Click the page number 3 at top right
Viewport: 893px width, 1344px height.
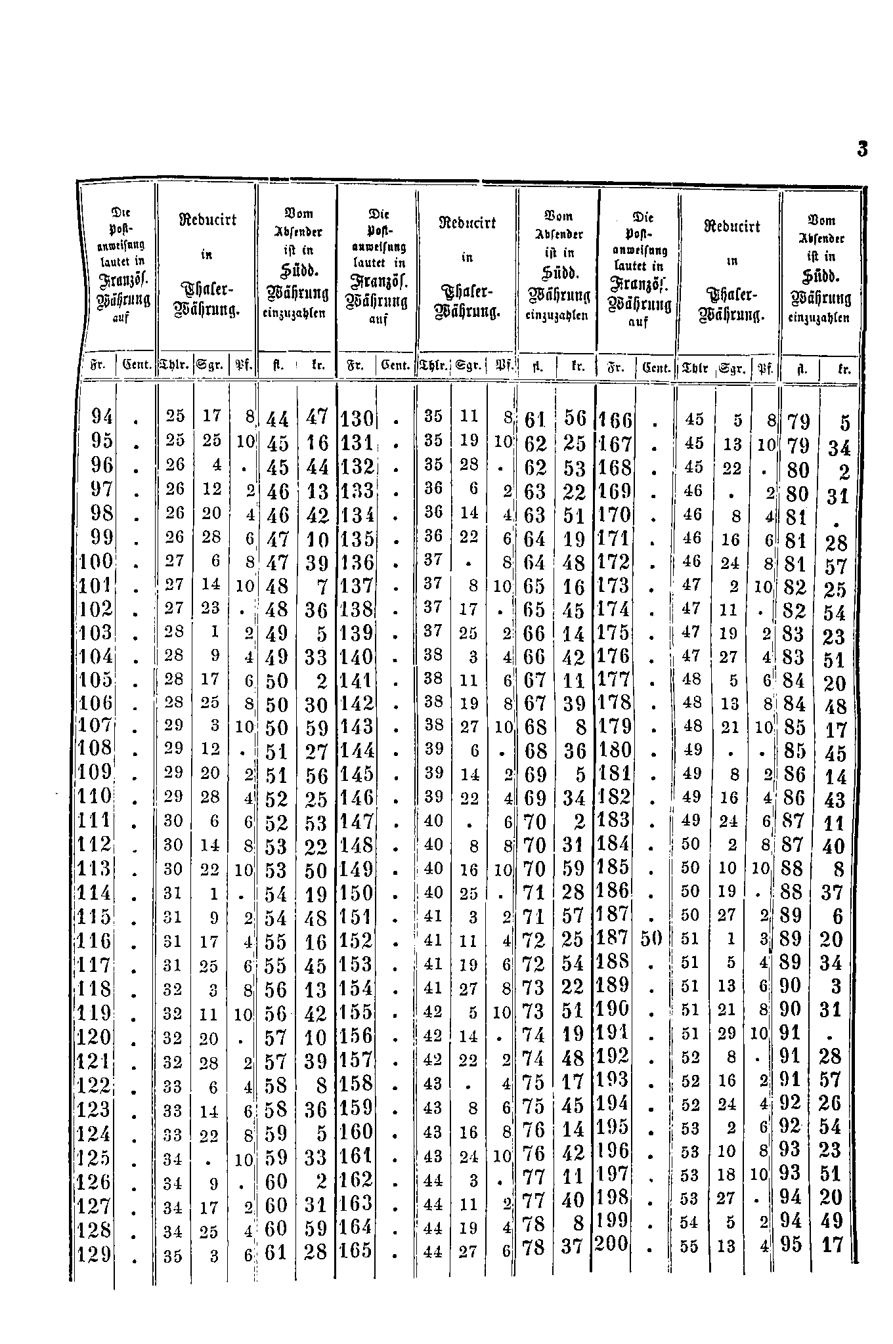pyautogui.click(x=862, y=150)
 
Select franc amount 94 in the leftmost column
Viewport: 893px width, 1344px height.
pyautogui.click(x=103, y=417)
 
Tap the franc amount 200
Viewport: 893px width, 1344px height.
pyautogui.click(x=611, y=1244)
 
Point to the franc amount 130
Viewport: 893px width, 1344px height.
pyautogui.click(x=357, y=419)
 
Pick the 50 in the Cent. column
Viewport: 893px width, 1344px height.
pyautogui.click(x=651, y=938)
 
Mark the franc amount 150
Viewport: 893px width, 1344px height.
pyautogui.click(x=357, y=894)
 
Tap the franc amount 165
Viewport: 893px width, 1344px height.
pyautogui.click(x=357, y=1250)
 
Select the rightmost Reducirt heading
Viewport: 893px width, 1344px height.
pyautogui.click(x=731, y=226)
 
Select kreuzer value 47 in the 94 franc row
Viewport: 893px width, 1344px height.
pyautogui.click(x=317, y=418)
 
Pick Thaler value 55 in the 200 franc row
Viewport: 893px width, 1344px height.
pyautogui.click(x=689, y=1246)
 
